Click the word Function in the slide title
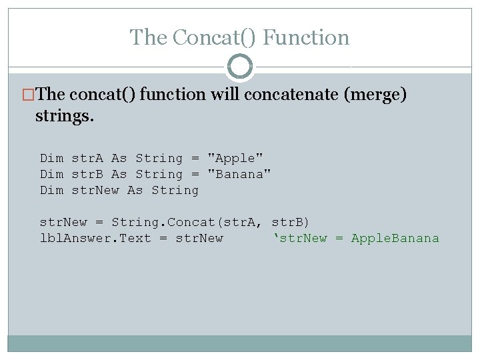click(306, 37)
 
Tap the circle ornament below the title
click(240, 67)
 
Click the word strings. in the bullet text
click(65, 117)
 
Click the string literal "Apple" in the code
click(235, 158)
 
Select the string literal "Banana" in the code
click(239, 174)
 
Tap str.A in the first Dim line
click(87, 158)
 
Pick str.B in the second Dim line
click(87, 174)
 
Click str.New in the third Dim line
click(95, 190)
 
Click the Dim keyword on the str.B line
click(51, 174)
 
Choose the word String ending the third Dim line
click(175, 190)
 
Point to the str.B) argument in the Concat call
click(291, 222)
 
